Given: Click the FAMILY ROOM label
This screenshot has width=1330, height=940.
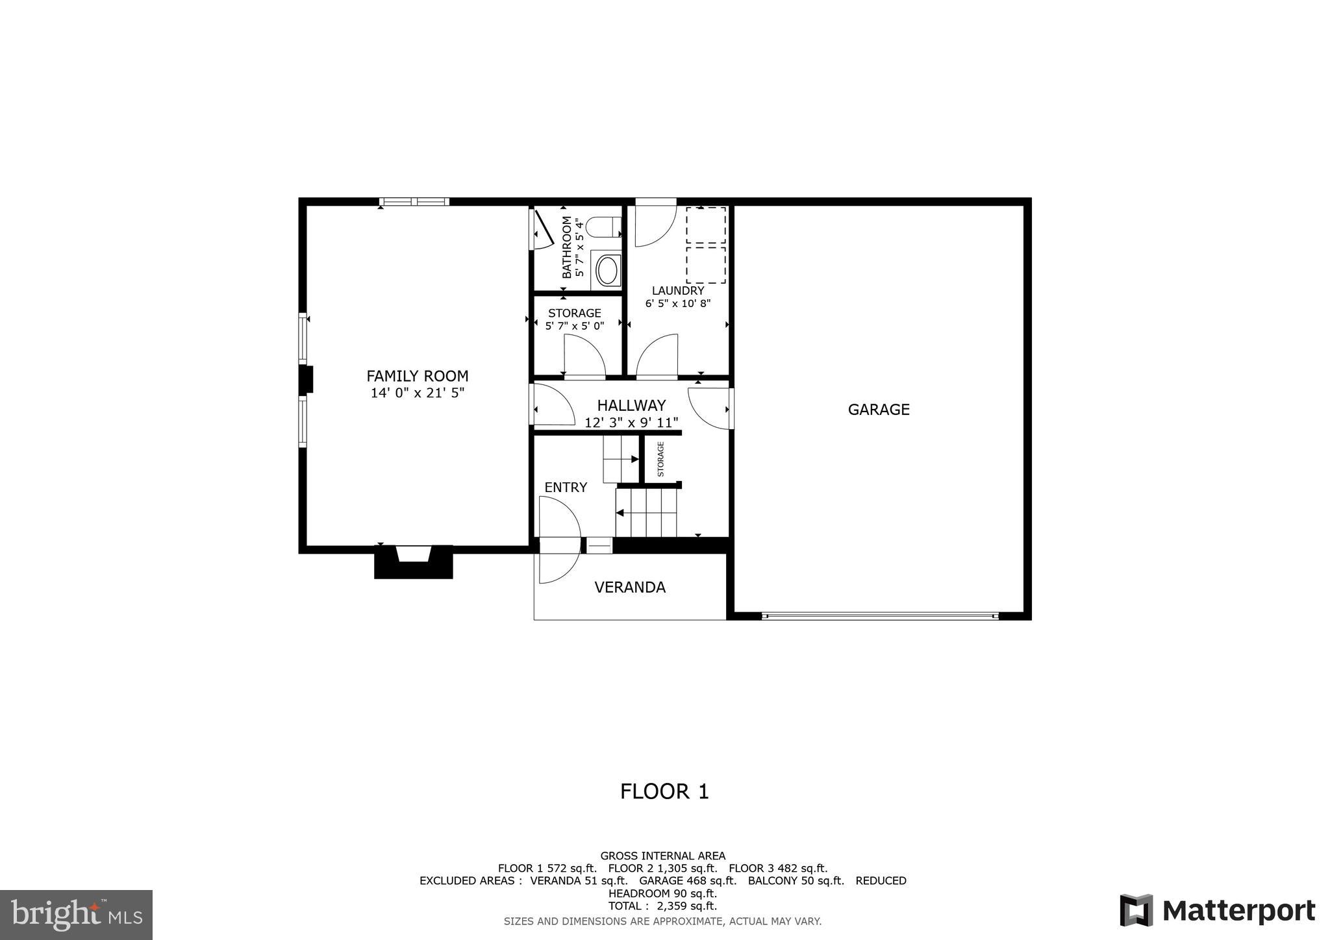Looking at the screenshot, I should (417, 376).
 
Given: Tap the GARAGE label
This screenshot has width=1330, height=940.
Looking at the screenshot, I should (879, 410).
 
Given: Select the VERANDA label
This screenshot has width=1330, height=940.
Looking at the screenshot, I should (630, 587).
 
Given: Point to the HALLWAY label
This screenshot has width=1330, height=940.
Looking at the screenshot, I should (631, 406).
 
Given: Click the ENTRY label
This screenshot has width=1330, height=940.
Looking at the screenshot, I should (566, 488).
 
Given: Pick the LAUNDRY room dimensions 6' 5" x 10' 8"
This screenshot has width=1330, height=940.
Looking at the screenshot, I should (678, 304).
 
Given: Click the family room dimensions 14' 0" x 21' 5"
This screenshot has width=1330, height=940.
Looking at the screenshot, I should (417, 393).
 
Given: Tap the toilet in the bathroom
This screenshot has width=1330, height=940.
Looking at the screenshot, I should (603, 228).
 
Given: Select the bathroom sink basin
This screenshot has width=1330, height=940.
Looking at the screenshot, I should (607, 270).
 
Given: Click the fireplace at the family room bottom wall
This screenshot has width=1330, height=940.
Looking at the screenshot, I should (413, 561).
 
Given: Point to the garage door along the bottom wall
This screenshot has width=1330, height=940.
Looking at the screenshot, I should (880, 615).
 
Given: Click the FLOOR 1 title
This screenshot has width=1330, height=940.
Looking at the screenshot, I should (664, 791).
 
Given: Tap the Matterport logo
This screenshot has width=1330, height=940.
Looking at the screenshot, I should (1218, 910).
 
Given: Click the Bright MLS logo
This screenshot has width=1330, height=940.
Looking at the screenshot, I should (77, 915).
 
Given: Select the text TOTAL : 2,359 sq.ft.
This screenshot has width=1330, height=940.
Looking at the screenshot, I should (662, 906).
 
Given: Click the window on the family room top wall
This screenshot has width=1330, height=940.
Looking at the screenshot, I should (414, 202).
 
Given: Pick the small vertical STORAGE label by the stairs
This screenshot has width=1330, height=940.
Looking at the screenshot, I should (661, 459).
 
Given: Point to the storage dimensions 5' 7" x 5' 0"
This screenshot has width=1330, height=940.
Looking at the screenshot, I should (575, 326).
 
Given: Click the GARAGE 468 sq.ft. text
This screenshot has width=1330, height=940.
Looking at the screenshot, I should (688, 881).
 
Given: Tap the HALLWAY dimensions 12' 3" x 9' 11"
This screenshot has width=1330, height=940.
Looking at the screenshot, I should (631, 423).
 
